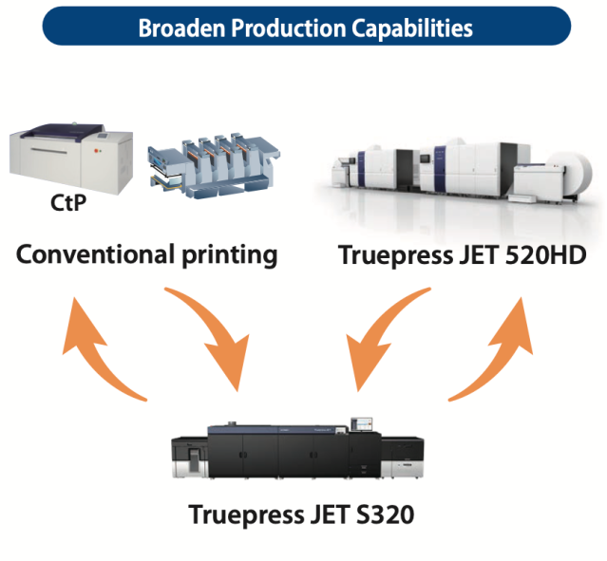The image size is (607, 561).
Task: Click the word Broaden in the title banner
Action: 181,28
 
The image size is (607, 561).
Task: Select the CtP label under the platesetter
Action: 68,203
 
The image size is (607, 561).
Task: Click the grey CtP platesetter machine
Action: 71,158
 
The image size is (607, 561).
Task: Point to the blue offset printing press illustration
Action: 214,166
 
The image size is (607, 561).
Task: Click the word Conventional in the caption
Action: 95,254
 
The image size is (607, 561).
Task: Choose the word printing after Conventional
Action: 230,255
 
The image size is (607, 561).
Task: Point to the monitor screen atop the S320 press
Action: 362,424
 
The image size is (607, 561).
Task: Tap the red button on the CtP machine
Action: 96,150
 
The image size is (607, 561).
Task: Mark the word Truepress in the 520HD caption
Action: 395,255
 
